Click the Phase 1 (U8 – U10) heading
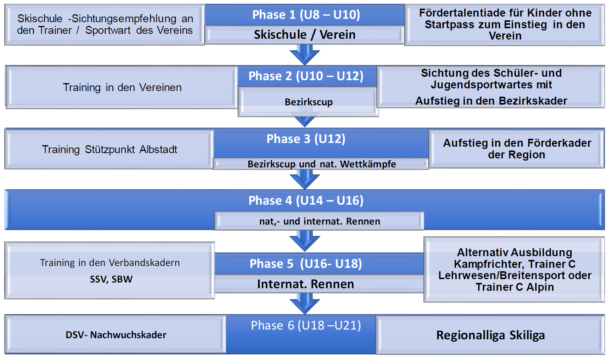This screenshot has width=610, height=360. (306, 15)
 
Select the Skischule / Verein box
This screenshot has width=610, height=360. (304, 35)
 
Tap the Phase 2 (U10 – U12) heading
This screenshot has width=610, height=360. (306, 76)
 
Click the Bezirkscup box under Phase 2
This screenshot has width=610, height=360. (308, 102)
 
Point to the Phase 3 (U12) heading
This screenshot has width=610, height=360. (306, 139)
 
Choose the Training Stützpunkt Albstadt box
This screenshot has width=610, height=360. (109, 149)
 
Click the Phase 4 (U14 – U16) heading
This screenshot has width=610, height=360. (306, 201)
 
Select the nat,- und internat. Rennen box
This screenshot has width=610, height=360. (319, 221)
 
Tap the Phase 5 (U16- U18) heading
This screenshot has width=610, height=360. (306, 264)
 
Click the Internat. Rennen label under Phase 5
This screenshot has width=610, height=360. (305, 284)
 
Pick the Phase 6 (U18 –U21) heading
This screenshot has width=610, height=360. (306, 325)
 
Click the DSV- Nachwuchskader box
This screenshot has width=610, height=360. (116, 335)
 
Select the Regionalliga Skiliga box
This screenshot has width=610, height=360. (490, 335)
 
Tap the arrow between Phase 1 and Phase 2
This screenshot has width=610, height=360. (305, 55)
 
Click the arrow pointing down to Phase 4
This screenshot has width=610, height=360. (305, 179)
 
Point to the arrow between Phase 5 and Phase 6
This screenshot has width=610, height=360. (305, 303)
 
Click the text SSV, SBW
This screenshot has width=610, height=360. (111, 279)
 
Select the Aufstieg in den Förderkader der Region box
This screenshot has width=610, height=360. (516, 149)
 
